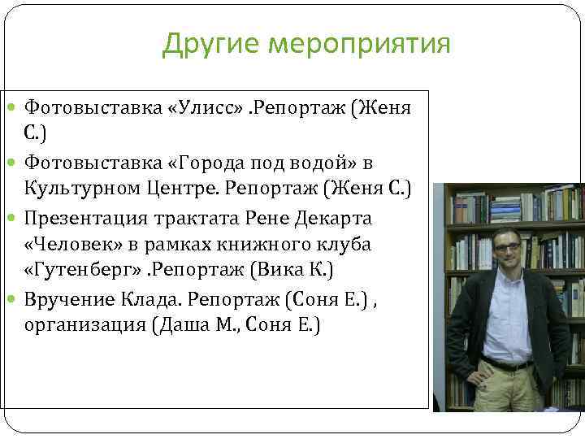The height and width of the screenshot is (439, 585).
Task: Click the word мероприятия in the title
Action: (x=361, y=45)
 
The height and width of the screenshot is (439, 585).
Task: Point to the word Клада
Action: (x=152, y=299)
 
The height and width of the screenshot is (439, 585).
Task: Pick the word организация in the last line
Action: (x=80, y=325)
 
